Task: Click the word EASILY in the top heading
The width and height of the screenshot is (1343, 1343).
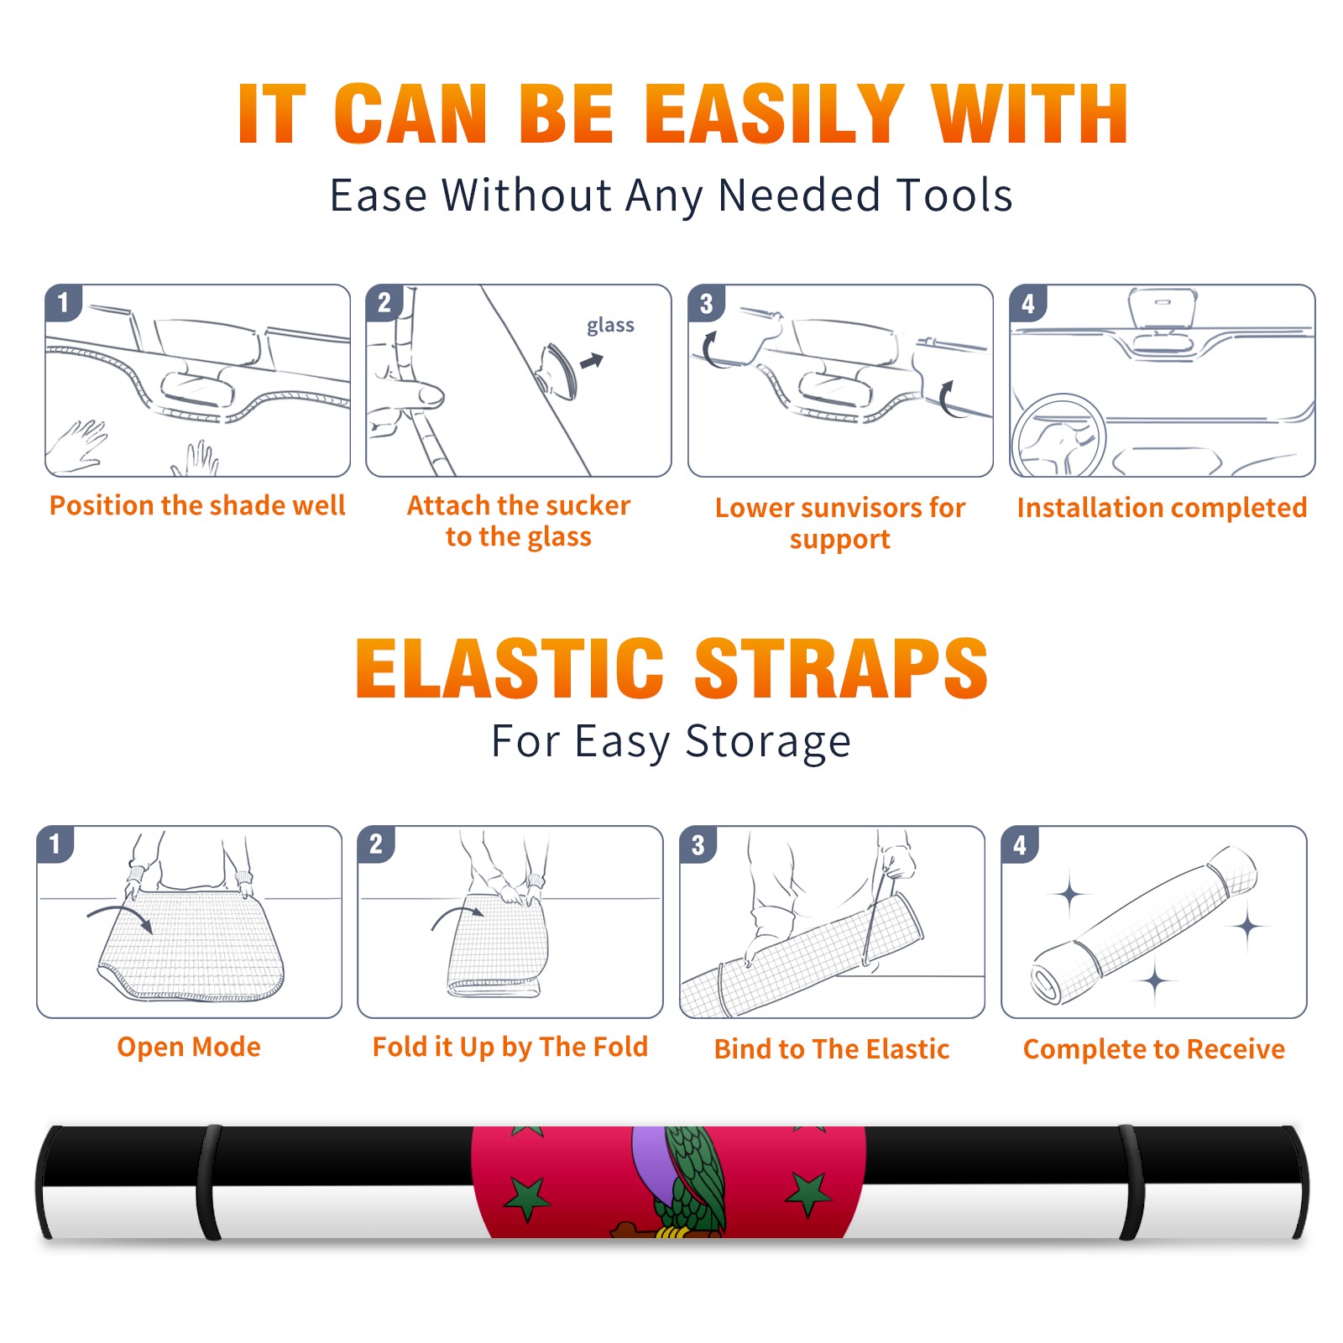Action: click(x=776, y=115)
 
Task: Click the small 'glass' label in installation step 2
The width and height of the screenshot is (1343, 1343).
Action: click(x=610, y=326)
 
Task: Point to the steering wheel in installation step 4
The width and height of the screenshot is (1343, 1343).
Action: click(x=1058, y=436)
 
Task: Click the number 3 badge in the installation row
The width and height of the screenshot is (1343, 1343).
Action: click(x=706, y=303)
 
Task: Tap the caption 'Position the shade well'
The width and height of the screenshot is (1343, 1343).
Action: click(x=197, y=505)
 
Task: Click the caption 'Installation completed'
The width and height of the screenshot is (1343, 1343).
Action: click(x=1163, y=507)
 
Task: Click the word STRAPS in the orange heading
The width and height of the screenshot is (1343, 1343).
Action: click(x=841, y=668)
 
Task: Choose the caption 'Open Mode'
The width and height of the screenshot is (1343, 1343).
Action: click(x=189, y=1047)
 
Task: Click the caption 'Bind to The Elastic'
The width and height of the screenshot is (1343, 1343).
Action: click(x=832, y=1049)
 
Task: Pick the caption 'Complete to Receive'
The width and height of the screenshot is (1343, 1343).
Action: click(x=1154, y=1049)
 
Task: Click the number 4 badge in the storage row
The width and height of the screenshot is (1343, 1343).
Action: click(x=1020, y=844)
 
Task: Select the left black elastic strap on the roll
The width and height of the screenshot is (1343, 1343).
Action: click(x=210, y=1183)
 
